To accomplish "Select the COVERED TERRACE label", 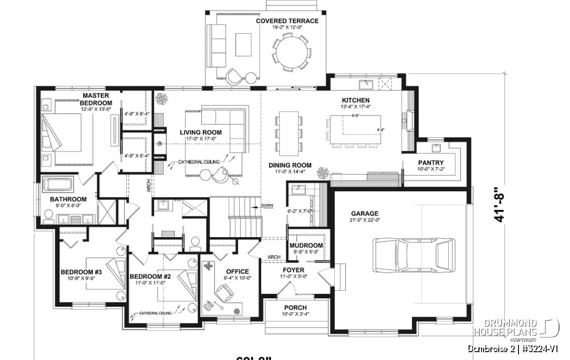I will [x=287, y=21].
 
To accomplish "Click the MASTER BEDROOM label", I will [x=95, y=99].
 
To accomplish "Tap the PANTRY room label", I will [x=431, y=162].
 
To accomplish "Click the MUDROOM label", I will [x=306, y=246].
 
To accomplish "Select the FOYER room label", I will [x=293, y=270].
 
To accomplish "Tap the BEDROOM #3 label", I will [x=81, y=272].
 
